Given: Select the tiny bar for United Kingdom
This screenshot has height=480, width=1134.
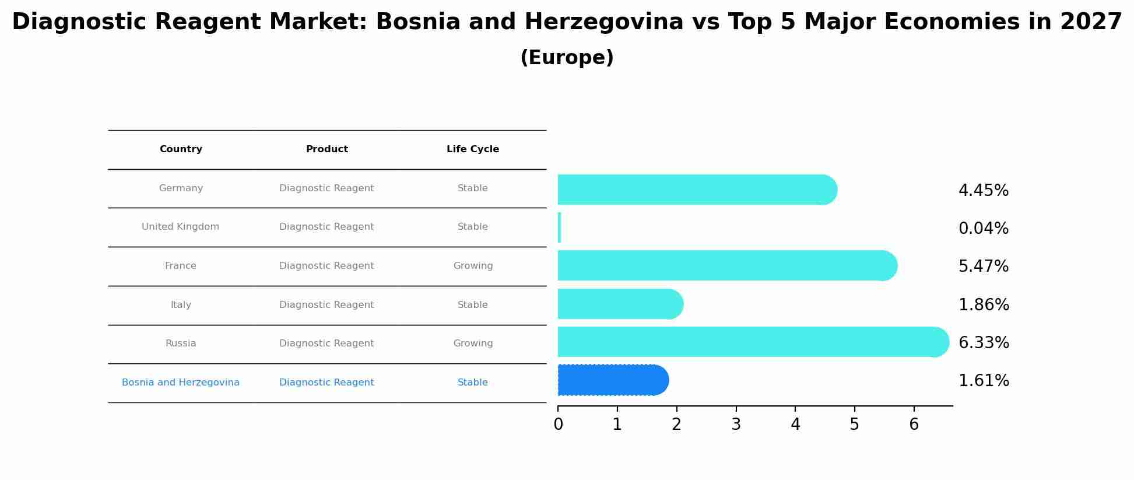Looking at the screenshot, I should (560, 227).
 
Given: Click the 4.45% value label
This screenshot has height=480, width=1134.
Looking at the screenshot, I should (983, 191).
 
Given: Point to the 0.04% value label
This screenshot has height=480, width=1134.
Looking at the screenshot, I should (983, 229).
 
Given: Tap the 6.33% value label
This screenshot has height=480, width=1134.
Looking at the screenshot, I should (983, 343).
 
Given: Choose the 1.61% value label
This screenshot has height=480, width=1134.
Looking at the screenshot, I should (983, 381).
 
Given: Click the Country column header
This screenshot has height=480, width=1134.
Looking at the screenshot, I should (181, 149).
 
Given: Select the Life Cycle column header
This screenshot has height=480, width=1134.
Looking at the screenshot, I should (472, 149).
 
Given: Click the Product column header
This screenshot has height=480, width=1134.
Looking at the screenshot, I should (326, 149).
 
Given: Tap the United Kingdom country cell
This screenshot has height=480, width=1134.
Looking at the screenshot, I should (181, 227).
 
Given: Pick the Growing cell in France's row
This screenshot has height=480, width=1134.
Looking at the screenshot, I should (473, 266).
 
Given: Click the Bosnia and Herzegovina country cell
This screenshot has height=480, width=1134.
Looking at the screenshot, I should (181, 383).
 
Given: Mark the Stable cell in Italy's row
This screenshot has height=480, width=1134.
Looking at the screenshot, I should (472, 305).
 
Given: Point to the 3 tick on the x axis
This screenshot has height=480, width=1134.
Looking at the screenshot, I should (736, 424).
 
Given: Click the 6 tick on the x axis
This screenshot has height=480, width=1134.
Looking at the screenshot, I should (914, 424).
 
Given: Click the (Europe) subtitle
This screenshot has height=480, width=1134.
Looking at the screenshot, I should (567, 58).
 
